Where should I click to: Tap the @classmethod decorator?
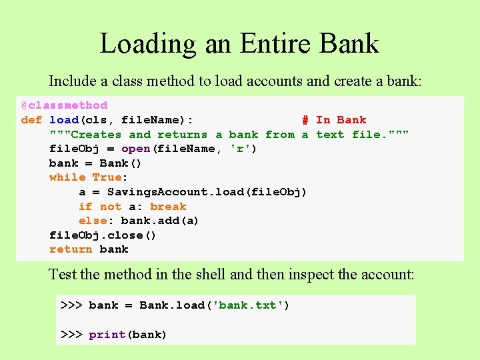(x=64, y=105)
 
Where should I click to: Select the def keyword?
(x=31, y=120)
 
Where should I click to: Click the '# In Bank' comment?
(x=333, y=120)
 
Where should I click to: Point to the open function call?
(x=135, y=149)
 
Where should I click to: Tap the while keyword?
(x=67, y=177)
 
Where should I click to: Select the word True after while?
(x=107, y=177)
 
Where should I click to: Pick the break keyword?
(x=168, y=207)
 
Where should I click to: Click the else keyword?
(x=93, y=221)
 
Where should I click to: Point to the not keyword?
(x=111, y=207)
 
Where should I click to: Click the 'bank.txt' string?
(x=247, y=305)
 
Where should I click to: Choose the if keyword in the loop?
(x=85, y=207)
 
